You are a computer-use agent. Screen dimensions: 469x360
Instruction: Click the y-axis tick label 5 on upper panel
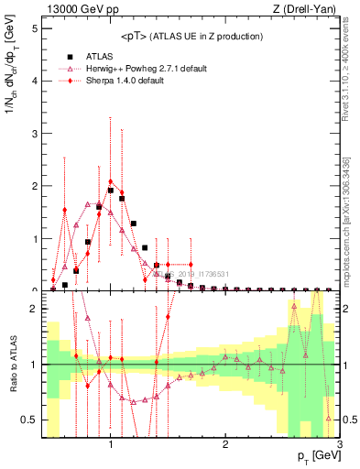point(34,28)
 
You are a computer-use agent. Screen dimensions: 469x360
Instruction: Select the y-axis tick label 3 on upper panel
point(34,134)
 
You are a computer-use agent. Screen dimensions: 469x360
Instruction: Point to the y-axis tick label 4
point(34,81)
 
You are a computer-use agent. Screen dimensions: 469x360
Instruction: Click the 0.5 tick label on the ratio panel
point(29,420)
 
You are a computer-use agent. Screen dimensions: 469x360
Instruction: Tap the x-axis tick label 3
point(339,444)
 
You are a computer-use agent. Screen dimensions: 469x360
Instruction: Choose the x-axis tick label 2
point(225,444)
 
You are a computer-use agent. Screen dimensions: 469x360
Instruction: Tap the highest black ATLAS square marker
point(111,191)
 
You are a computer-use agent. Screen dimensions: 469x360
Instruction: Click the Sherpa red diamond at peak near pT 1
point(111,181)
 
